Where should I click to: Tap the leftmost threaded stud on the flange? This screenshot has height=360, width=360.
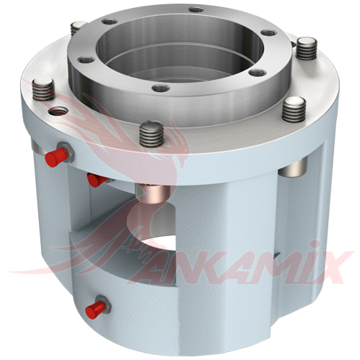click(44, 90)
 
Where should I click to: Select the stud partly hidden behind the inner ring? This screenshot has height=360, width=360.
click(78, 28)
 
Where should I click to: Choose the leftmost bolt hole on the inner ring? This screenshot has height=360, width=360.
click(86, 60)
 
